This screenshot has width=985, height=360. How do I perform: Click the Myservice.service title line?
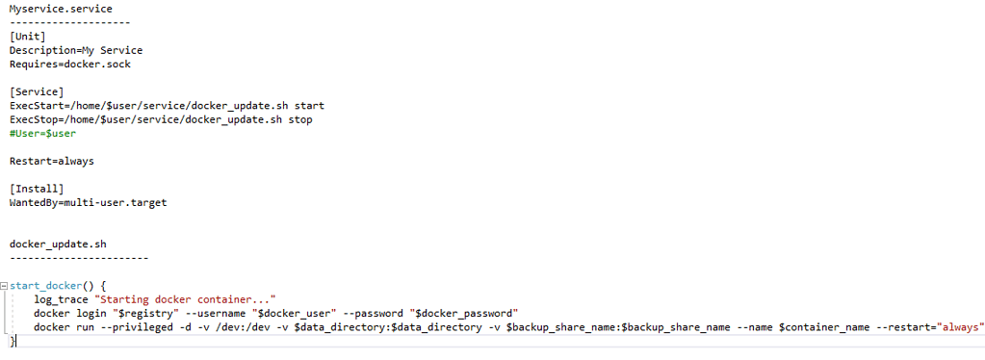coord(61,9)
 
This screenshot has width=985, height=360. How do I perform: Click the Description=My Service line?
coord(76,50)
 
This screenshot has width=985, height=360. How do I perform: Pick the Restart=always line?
coord(52,162)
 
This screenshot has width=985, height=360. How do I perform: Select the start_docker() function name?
coord(48,286)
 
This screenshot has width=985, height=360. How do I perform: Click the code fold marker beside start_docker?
coord(4,286)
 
